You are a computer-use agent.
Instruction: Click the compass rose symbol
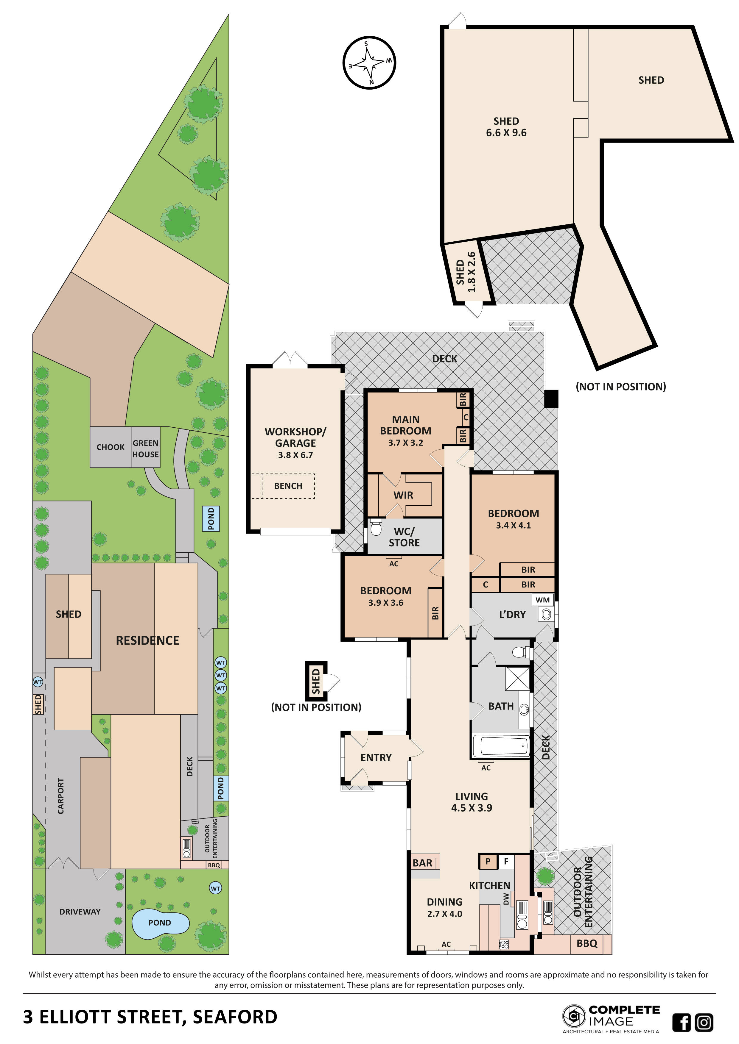tap(369, 63)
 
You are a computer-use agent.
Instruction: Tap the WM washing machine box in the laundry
tap(542, 600)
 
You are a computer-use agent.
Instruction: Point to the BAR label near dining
tap(422, 862)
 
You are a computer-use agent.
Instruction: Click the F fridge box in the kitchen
tap(505, 861)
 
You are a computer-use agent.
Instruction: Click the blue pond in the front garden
tap(160, 923)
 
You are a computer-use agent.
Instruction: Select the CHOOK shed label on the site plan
tap(110, 447)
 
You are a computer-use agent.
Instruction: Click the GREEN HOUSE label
tap(146, 448)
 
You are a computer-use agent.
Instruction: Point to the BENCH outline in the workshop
tap(288, 486)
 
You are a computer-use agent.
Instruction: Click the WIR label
tap(403, 495)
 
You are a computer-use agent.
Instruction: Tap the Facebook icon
tap(681, 1023)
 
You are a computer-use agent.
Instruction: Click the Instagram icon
tap(704, 1023)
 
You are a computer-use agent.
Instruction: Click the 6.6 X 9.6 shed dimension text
tap(506, 133)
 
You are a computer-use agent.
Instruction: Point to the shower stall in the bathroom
tap(518, 679)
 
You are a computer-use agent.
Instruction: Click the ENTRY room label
tap(376, 757)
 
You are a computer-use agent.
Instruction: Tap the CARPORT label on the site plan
tap(60, 796)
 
